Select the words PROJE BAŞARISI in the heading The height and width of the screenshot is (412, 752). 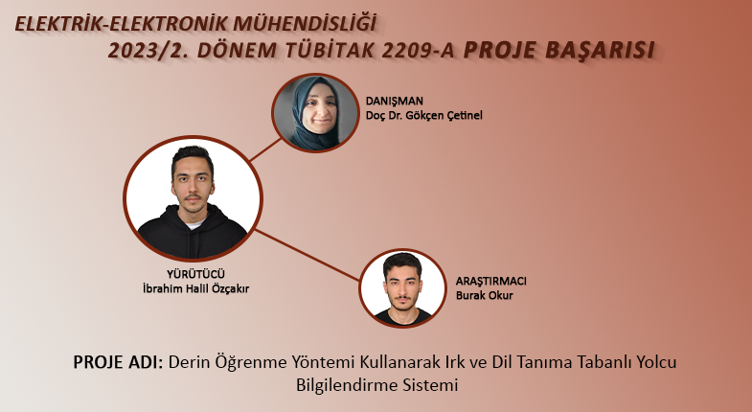coord(559,51)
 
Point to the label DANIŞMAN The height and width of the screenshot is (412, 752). coord(395,102)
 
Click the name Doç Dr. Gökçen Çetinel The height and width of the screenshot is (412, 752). coord(424,116)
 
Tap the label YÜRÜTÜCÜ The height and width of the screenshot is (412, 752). coord(195,274)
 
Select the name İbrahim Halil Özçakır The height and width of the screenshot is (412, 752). coord(195,288)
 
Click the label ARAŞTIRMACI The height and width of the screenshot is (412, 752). coord(490,281)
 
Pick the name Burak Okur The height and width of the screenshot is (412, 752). coord(484,295)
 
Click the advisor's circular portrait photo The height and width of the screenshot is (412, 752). coord(315,113)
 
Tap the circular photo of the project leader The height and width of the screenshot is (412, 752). coord(193,198)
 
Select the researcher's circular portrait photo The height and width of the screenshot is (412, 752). coord(403,288)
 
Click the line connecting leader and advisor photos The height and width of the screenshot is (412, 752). coord(265,149)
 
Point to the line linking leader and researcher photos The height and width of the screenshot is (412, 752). coord(307,255)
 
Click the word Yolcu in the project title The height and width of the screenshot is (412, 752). coord(656,361)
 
